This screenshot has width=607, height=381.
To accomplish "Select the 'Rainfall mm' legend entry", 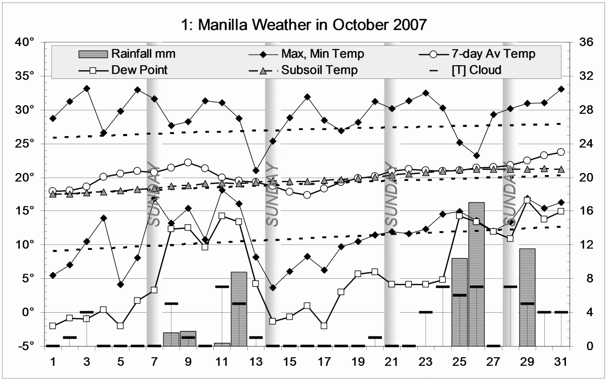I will (137, 53).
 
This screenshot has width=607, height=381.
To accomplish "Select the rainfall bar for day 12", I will (239, 309).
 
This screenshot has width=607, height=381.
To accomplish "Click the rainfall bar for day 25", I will (459, 302).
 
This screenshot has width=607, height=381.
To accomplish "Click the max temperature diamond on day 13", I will (256, 171).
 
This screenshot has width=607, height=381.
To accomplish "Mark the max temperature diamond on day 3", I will (86, 89).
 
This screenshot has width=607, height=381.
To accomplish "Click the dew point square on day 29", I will (527, 200).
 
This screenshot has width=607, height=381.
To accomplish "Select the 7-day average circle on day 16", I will (307, 195).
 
